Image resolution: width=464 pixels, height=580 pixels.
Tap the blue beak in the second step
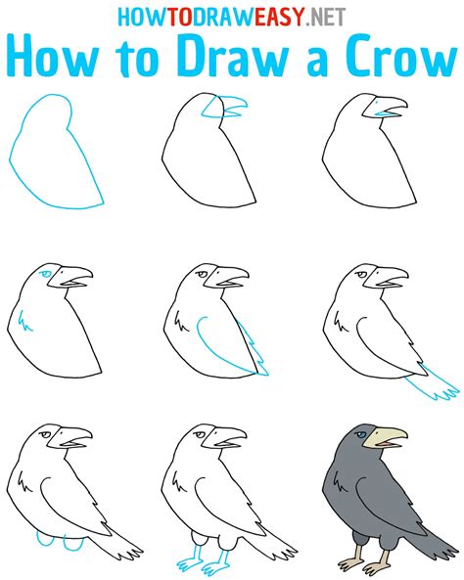(232, 105)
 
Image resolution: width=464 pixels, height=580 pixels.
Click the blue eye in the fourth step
(45, 276)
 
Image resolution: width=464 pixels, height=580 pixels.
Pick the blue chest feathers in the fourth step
(25, 319)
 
